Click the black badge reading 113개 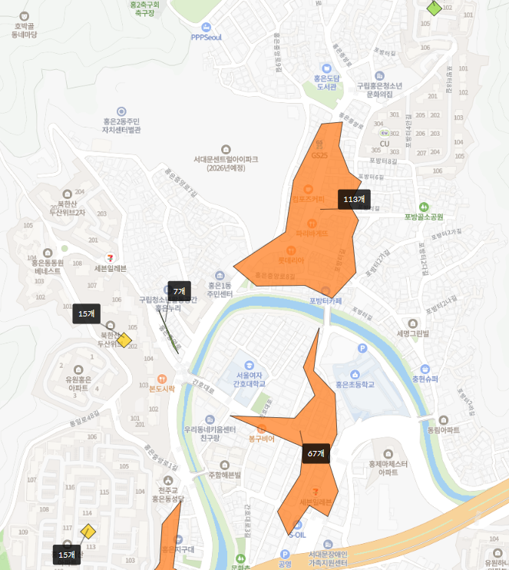click(x=354, y=199)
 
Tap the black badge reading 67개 click(x=316, y=453)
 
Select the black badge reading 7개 click(x=179, y=291)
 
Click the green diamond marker click(x=435, y=8)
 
